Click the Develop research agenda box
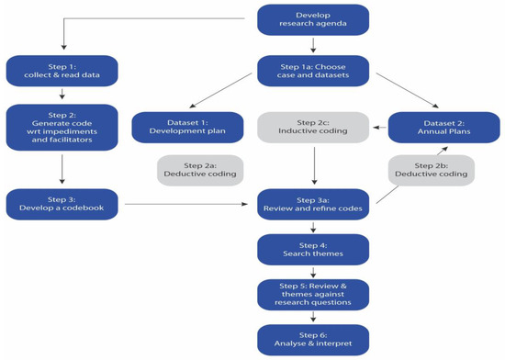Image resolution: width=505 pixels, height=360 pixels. tap(312, 18)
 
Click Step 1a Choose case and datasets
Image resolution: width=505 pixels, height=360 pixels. tap(312, 70)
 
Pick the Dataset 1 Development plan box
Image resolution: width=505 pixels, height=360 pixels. tap(186, 127)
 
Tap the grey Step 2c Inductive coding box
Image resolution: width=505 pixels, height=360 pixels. tap(312, 127)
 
